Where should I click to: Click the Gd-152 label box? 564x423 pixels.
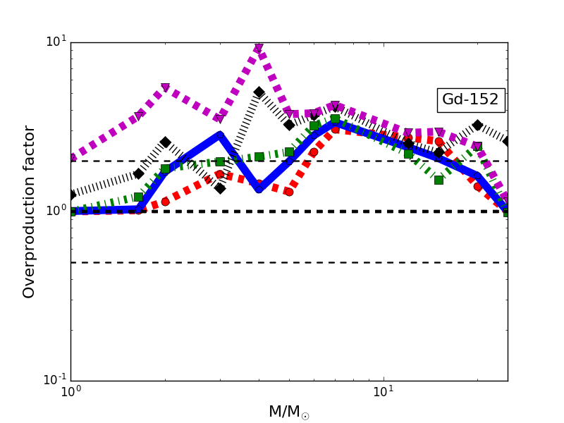coord(470,100)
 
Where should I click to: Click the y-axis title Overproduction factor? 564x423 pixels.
coord(30,211)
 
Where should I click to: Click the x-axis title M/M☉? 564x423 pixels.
coord(288,412)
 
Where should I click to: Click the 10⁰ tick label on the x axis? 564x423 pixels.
coord(70,393)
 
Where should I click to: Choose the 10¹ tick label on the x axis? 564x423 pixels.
coord(383,393)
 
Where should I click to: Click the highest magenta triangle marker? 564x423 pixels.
coord(259,49)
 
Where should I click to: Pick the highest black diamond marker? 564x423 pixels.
coord(259,92)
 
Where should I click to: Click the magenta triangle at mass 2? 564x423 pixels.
coord(165,88)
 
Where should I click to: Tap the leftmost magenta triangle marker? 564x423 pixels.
coord(71,157)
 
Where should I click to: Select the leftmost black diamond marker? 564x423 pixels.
coord(71,195)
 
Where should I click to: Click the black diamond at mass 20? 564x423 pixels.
coord(477,125)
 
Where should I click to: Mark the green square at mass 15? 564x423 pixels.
coord(439,180)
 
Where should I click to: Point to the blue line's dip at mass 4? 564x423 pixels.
coord(259,188)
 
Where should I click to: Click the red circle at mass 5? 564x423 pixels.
coord(289,192)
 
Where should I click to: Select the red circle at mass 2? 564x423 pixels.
coord(165,202)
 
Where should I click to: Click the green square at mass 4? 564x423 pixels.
coord(259,157)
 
